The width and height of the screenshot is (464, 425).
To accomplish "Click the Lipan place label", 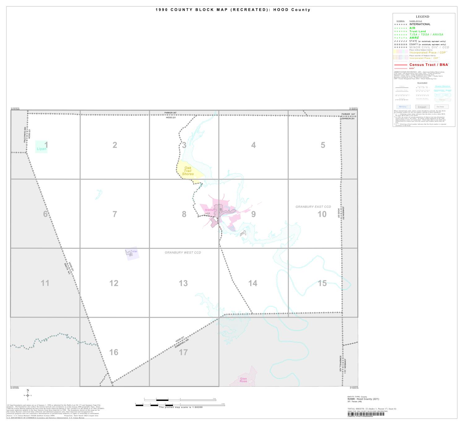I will pos(41,149).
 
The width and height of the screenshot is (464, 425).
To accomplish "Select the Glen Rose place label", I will pos(243,380).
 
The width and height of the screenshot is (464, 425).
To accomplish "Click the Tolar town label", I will pos(134,251).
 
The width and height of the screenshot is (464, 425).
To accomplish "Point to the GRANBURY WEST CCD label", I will pos(183,253).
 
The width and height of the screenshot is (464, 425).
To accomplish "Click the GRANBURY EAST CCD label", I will pos(313,207).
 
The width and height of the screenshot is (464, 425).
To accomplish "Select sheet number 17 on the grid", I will pos(183,352).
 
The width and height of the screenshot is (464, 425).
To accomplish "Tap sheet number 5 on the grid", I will pos(323,145).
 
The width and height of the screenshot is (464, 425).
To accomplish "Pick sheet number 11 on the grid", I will pos(45,283).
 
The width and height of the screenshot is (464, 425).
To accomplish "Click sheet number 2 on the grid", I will pos(115,145).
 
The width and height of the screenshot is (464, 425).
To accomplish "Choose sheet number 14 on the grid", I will pos(252,283).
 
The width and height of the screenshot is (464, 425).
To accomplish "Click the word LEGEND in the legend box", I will pos(422,17).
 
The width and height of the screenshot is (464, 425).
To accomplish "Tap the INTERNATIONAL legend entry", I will pos(420,24).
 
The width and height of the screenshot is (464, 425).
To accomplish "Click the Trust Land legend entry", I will pos(418,31).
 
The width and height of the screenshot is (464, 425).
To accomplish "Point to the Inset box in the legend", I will pos(422,107).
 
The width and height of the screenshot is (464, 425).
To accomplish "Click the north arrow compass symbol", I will pos(28,395).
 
